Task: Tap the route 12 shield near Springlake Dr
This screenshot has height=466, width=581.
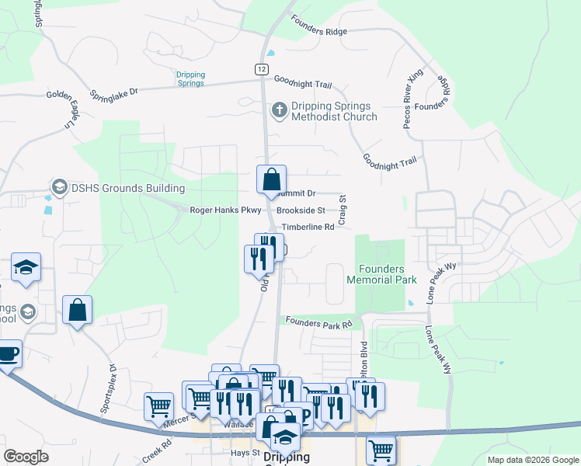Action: pos(261,69)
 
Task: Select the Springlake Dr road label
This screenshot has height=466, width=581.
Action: pos(114,91)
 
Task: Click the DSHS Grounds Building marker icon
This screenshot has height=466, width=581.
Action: pos(59,187)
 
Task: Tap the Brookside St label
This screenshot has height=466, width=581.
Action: pos(301,210)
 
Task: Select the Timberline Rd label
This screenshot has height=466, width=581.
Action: pos(308,227)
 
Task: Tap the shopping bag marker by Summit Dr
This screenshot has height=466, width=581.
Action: pos(271,180)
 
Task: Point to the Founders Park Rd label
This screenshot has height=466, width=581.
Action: pos(319,322)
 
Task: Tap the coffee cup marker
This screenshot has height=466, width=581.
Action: pos(8,355)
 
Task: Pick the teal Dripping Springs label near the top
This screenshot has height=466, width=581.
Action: pos(190,78)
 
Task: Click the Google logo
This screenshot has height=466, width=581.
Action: pos(26,457)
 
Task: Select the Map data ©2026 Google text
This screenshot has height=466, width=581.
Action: pos(532,460)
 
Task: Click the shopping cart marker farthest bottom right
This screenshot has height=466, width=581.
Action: pos(381,449)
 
